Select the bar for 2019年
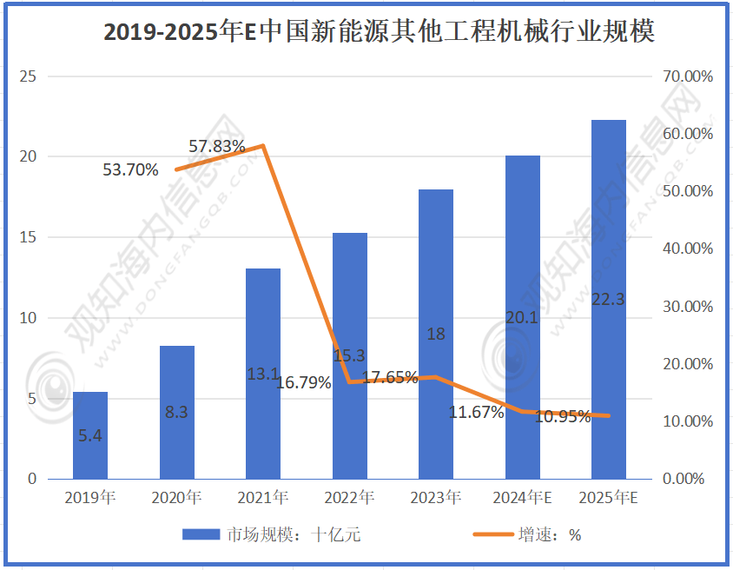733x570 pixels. click(x=90, y=435)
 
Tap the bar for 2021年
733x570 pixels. click(x=263, y=374)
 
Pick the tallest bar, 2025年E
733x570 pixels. click(x=609, y=300)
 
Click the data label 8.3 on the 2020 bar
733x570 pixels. click(x=176, y=413)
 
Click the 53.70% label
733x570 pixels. click(x=130, y=169)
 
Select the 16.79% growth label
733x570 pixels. click(x=303, y=382)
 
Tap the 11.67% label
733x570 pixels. click(x=476, y=413)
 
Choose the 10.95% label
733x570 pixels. click(x=563, y=416)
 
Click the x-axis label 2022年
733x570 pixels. click(x=349, y=499)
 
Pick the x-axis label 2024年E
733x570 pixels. click(x=522, y=499)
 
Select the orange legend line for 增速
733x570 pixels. click(x=492, y=534)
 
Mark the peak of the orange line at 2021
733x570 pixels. click(x=263, y=145)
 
